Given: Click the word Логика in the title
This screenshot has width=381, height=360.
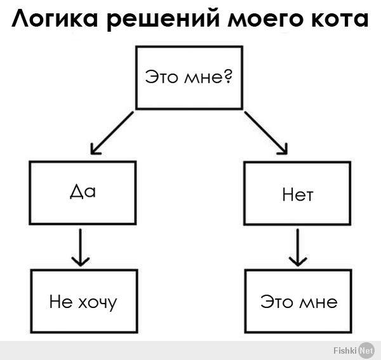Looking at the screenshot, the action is [x=55, y=19].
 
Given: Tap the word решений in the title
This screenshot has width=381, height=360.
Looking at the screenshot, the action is [x=163, y=20].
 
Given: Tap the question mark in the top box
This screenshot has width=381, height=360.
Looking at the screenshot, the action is [x=228, y=76].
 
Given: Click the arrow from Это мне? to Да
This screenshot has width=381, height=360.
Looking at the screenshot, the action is [x=112, y=133].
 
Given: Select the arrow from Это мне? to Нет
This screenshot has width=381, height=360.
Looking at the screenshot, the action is [x=266, y=133].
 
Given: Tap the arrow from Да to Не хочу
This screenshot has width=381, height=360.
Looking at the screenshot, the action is [x=81, y=248].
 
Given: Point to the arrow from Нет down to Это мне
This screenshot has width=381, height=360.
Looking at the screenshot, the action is [x=298, y=248].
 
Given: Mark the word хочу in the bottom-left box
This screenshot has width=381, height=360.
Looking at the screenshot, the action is [x=97, y=303].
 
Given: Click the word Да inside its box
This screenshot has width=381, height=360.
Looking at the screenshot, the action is [x=83, y=192].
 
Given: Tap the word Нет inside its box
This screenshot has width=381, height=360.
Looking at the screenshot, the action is [x=298, y=195].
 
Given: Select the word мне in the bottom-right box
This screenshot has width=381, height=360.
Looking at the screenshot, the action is [x=318, y=303].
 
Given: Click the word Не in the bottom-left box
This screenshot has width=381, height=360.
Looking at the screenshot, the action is [x=61, y=302].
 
